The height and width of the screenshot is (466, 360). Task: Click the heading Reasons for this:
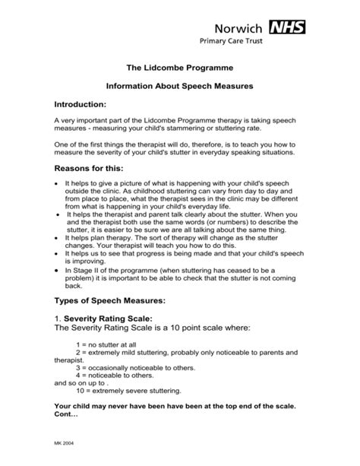[90, 167]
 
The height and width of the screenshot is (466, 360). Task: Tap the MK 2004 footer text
[65, 442]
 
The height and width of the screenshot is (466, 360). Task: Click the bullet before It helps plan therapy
[58, 237]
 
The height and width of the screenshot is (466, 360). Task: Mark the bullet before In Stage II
[58, 270]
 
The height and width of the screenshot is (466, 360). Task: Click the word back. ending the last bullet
[74, 287]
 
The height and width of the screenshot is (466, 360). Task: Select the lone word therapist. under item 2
[72, 360]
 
